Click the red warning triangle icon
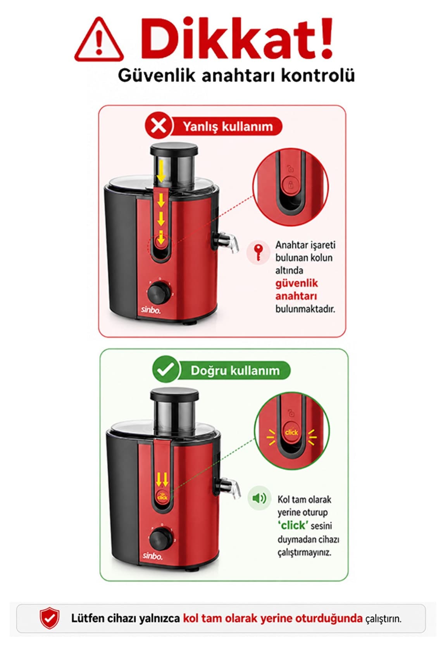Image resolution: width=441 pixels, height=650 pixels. [99, 40]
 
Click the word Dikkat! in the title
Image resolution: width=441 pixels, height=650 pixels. [236, 38]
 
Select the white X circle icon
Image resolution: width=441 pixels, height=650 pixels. [158, 126]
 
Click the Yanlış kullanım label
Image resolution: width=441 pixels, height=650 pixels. [228, 126]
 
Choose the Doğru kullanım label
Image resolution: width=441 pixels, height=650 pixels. [235, 371]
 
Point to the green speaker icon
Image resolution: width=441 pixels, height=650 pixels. [259, 498]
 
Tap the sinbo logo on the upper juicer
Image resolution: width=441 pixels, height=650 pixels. [151, 310]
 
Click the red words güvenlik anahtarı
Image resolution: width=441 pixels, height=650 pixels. [296, 290]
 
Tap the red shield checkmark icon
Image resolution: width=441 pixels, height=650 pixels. [50, 618]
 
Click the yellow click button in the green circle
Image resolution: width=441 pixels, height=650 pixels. [291, 433]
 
